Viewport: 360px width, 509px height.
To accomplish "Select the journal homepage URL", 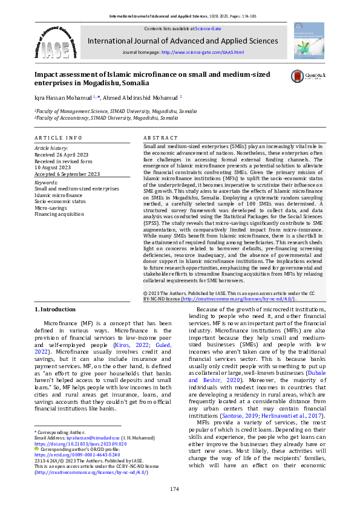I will click(202, 53).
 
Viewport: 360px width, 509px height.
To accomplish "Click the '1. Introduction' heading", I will click(55, 310).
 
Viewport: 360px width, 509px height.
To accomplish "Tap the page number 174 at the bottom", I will click(175, 488).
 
